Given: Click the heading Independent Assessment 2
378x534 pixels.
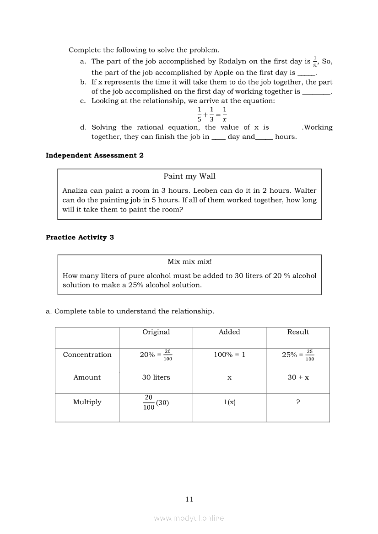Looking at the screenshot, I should pyautogui.click(x=94, y=155).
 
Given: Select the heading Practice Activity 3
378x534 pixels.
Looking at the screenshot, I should pyautogui.click(x=80, y=238).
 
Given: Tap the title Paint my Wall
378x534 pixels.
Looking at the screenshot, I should pyautogui.click(x=189, y=176).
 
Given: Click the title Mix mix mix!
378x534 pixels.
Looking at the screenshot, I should pyautogui.click(x=189, y=262).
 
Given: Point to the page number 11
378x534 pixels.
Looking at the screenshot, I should pyautogui.click(x=189, y=499).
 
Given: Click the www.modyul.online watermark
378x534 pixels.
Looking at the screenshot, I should pyautogui.click(x=189, y=518).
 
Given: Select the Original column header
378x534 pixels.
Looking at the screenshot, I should pyautogui.click(x=156, y=332).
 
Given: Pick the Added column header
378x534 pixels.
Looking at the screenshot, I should pyautogui.click(x=229, y=332).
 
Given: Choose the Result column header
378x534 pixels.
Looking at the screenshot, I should pyautogui.click(x=298, y=332).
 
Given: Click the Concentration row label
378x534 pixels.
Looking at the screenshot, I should pyautogui.click(x=87, y=355).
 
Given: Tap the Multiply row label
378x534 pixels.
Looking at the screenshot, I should pyautogui.click(x=87, y=402).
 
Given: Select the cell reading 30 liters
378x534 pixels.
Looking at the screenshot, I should pyautogui.click(x=156, y=378).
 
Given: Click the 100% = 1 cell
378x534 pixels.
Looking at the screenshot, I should pyautogui.click(x=229, y=355).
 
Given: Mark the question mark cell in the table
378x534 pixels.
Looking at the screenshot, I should pyautogui.click(x=298, y=402).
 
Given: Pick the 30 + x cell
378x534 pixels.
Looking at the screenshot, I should pyautogui.click(x=298, y=378).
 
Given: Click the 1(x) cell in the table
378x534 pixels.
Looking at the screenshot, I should pyautogui.click(x=229, y=402).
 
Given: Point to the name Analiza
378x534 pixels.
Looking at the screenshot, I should pyautogui.click(x=76, y=190).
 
